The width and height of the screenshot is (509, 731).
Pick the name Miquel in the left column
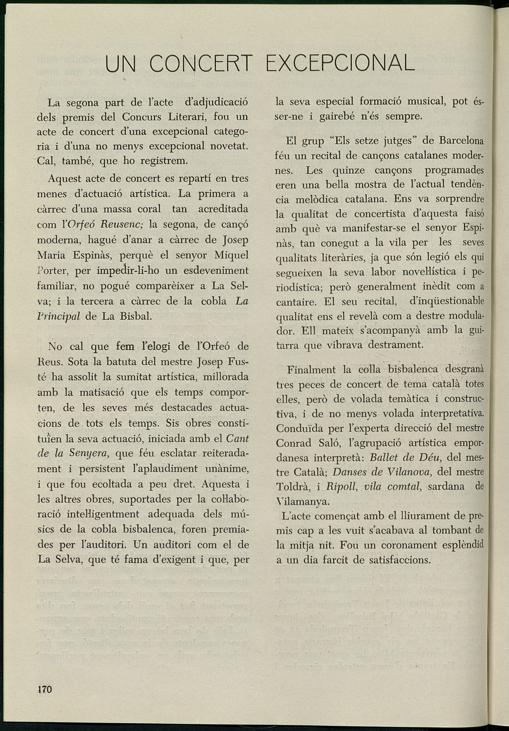231,255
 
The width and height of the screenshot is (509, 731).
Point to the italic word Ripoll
339,487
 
